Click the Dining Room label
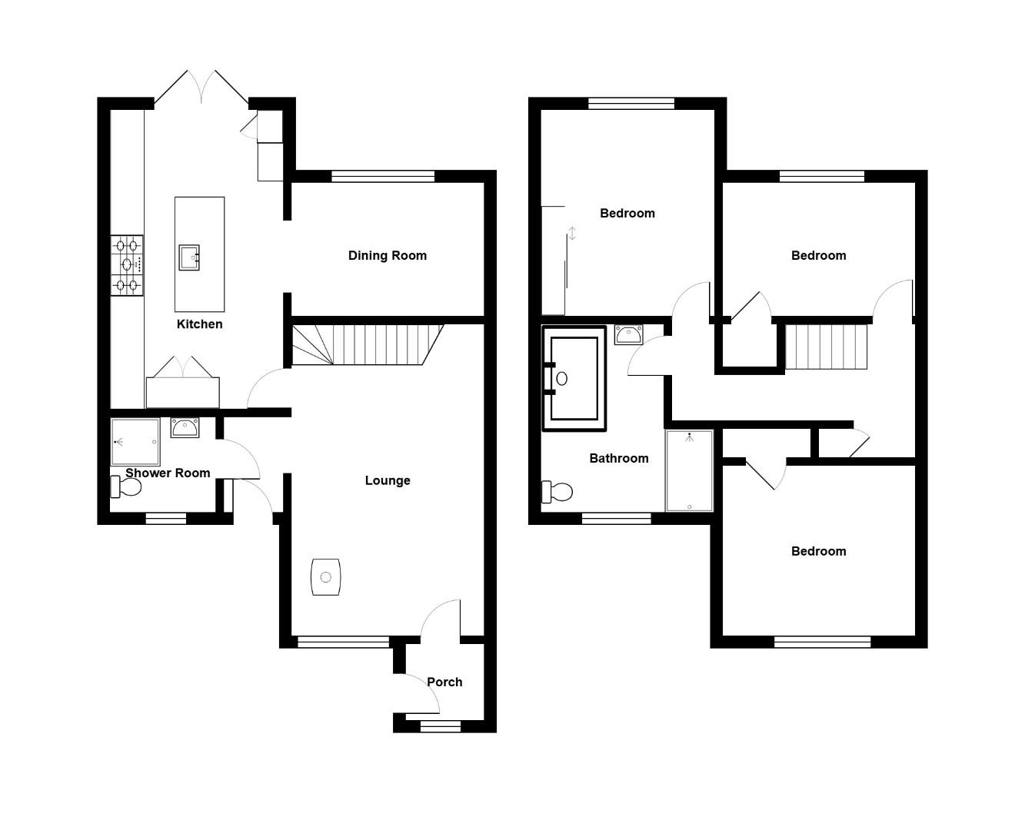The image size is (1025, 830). [x=387, y=255]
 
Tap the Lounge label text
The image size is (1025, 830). [x=387, y=480]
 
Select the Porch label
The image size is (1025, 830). [x=444, y=682]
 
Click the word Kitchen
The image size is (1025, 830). [x=199, y=324]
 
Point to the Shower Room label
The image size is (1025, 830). [x=168, y=473]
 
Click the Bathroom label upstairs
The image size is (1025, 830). [x=618, y=458]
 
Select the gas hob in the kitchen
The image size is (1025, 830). [x=127, y=265]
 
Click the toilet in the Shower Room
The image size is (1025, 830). [x=125, y=486]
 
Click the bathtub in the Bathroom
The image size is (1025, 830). [x=574, y=378]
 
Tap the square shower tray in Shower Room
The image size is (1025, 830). [x=135, y=442]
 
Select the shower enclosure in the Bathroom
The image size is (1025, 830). [x=689, y=470]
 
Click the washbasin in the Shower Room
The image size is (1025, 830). [x=185, y=427]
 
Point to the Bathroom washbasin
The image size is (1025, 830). [x=628, y=336]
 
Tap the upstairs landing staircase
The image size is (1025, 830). [x=826, y=347]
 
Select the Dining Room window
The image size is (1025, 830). [x=382, y=176]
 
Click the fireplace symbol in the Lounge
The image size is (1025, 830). [x=325, y=576]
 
